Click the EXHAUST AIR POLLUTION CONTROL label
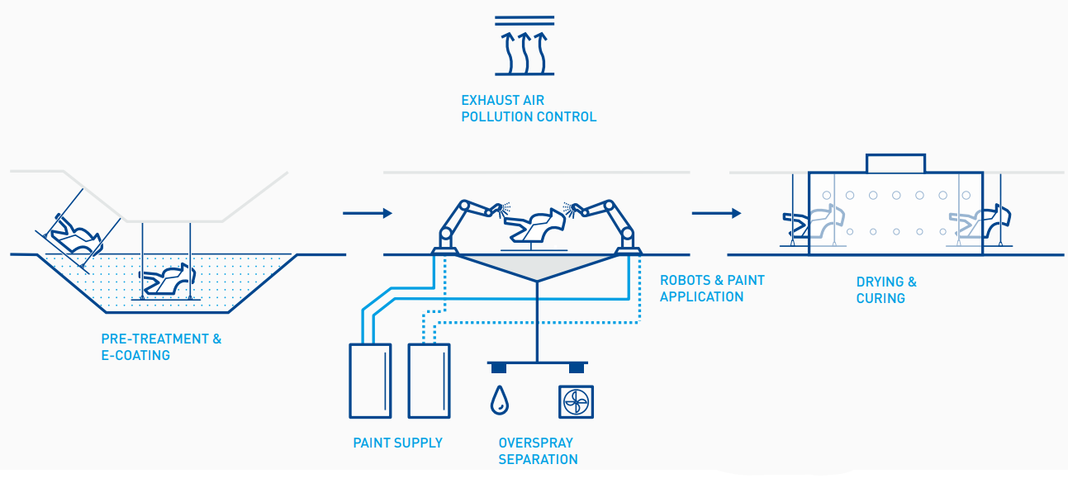(529, 109)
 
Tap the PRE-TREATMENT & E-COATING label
(161, 347)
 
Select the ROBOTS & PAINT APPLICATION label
(712, 288)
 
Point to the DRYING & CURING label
(886, 290)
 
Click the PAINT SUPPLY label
(397, 443)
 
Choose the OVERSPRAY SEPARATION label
(538, 451)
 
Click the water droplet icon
(499, 400)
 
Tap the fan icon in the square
(577, 401)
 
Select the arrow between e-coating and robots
(367, 213)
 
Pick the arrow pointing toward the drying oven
(715, 213)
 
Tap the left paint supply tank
(369, 380)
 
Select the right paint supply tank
(430, 380)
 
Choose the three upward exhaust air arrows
(525, 51)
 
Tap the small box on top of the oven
(895, 163)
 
